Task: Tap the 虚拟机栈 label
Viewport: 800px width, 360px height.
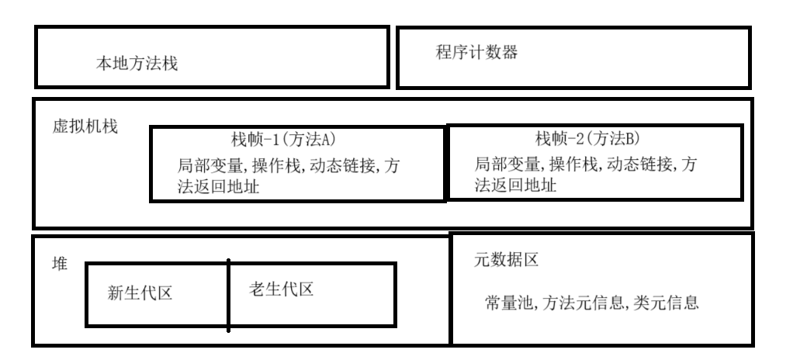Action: [x=81, y=126]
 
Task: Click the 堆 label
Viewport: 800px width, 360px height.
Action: [x=59, y=264]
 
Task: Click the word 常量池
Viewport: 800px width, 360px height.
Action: [x=504, y=303]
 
